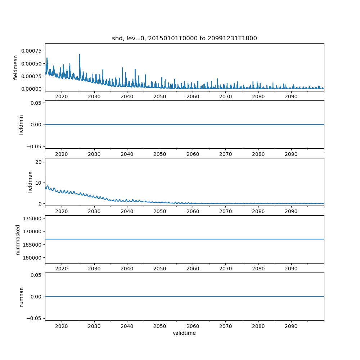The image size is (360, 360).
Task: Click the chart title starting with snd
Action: pyautogui.click(x=184, y=39)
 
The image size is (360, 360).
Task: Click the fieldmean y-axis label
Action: pyautogui.click(x=15, y=67)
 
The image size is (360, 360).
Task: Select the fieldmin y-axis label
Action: pyautogui.click(x=21, y=125)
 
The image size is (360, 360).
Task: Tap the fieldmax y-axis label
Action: pyautogui.click(x=30, y=182)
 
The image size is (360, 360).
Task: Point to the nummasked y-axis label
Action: pyautogui.click(x=18, y=239)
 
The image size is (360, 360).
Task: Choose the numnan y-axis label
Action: pyautogui.click(x=21, y=297)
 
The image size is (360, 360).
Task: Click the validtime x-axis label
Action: pyautogui.click(x=184, y=333)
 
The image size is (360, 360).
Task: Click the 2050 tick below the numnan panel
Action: pyautogui.click(x=160, y=327)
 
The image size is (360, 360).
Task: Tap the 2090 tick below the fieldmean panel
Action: pyautogui.click(x=291, y=97)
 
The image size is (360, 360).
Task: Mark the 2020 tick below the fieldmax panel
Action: pyautogui.click(x=62, y=211)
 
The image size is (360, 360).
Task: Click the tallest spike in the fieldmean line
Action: pyautogui.click(x=80, y=54)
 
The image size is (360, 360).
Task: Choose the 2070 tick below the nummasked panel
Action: pyautogui.click(x=225, y=269)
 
